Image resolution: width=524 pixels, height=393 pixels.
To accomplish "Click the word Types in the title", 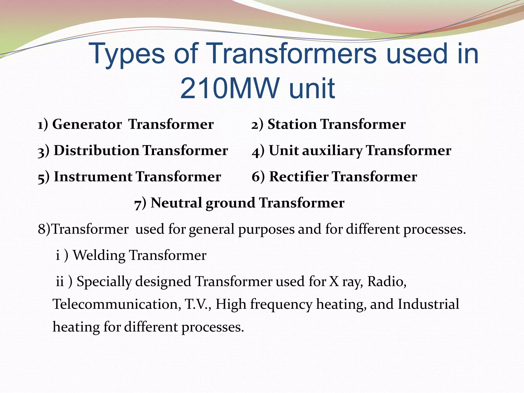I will [x=127, y=54].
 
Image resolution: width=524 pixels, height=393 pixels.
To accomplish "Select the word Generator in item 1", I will [x=87, y=125].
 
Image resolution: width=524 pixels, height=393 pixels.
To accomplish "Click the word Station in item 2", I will [x=292, y=125].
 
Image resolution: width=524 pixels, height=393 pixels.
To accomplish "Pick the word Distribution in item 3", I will [x=96, y=150].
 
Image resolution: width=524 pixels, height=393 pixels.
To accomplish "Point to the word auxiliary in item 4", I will [x=332, y=150].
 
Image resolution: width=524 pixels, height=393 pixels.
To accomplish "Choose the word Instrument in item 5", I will [x=93, y=177].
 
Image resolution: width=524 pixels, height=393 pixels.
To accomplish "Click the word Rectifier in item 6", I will [x=299, y=177].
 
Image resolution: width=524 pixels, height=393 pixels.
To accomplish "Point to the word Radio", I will [x=387, y=281].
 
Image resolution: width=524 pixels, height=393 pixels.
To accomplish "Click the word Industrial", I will [x=428, y=304].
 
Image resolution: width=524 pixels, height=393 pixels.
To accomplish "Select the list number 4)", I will [x=258, y=151].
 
